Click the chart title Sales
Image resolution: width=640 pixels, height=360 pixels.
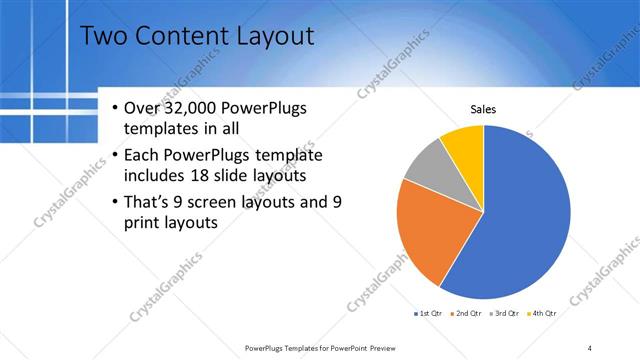click(x=483, y=109)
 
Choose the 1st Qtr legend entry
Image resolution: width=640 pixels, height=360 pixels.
click(x=428, y=314)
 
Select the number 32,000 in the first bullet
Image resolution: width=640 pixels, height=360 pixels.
click(x=198, y=109)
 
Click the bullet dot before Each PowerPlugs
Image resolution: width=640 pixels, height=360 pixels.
click(x=115, y=155)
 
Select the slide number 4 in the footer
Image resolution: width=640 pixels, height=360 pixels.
click(x=590, y=347)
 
